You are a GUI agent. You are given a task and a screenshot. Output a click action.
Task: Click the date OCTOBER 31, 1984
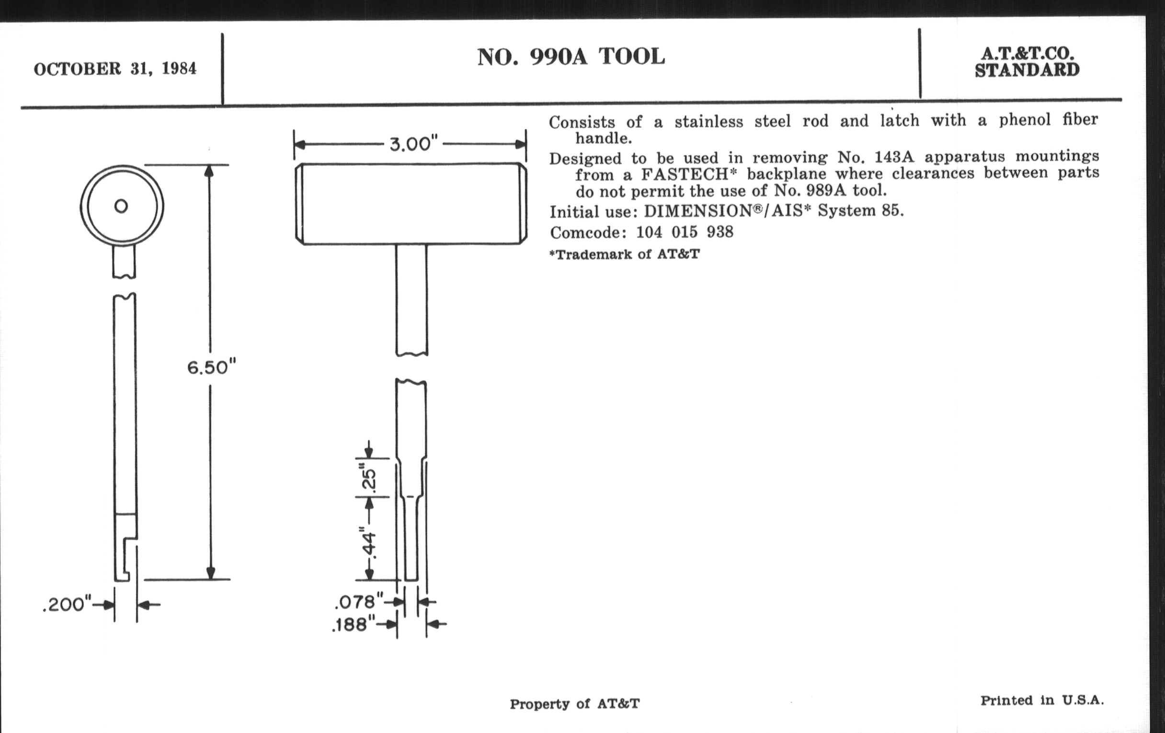(115, 69)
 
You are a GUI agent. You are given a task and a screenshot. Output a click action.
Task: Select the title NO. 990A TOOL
(571, 57)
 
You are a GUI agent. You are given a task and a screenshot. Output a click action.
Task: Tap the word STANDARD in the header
(1027, 70)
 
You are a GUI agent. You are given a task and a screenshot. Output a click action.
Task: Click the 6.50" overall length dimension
(211, 368)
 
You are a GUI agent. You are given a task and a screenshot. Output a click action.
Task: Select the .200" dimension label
(67, 604)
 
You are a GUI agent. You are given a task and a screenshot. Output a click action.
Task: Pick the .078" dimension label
(358, 602)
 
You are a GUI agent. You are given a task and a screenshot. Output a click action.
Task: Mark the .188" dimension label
(354, 625)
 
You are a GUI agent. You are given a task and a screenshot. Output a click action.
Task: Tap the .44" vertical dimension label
(368, 543)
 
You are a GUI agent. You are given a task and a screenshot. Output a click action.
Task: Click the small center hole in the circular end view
(121, 206)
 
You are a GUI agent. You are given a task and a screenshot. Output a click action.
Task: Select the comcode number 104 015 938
(685, 232)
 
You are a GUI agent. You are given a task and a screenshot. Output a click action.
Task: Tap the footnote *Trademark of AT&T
(625, 254)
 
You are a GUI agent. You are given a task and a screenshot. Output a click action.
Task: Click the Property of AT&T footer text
(575, 703)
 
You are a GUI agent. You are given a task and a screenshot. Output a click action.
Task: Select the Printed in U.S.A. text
(1042, 700)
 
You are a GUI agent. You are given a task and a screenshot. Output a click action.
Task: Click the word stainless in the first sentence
(709, 121)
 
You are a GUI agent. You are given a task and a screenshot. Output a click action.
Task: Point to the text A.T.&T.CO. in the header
(1028, 53)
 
